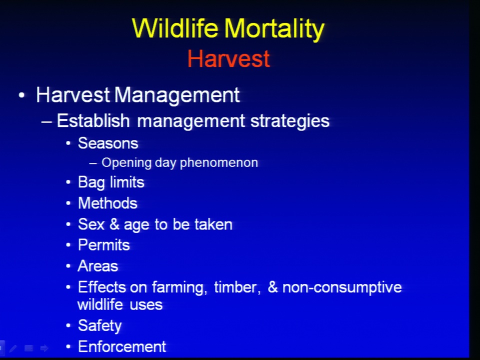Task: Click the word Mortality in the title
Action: (274, 29)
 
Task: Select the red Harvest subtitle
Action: (228, 58)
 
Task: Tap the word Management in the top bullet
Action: (177, 95)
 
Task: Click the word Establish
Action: (93, 120)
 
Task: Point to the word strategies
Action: (290, 121)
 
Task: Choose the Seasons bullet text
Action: (108, 143)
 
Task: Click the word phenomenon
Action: (219, 163)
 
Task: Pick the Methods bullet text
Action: (108, 203)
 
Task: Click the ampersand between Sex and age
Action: (114, 224)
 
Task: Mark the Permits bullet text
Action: (104, 245)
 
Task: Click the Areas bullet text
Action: (98, 265)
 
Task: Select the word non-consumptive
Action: (342, 288)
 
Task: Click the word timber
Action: (237, 287)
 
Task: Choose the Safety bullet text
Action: (100, 325)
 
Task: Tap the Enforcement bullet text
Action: (122, 346)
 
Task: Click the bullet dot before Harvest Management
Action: (21, 95)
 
